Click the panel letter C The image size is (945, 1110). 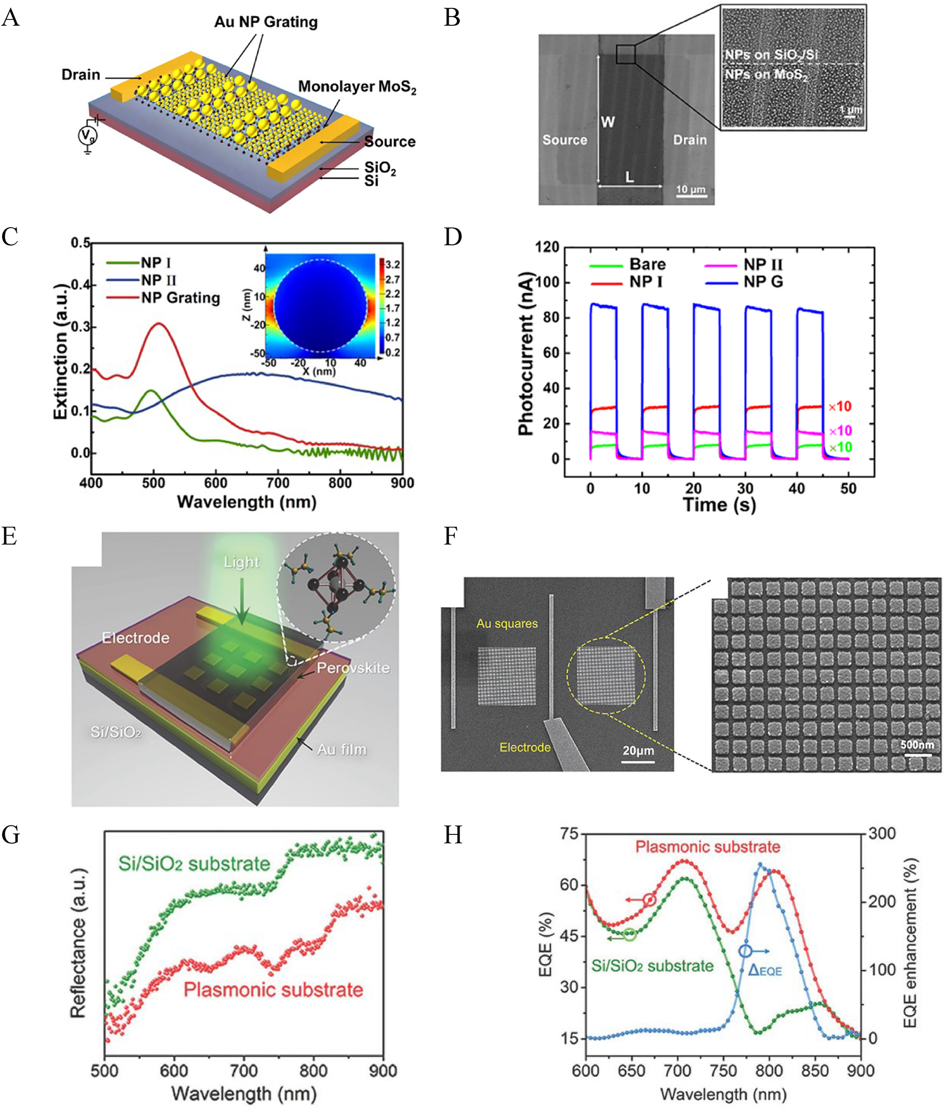10,237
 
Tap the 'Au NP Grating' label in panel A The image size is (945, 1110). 266,22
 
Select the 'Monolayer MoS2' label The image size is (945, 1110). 357,87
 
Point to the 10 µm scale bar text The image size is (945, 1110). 690,189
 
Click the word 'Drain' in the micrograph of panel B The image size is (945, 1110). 689,140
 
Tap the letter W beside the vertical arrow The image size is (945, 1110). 607,122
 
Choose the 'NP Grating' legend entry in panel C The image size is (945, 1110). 180,298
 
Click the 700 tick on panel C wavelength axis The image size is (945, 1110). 278,483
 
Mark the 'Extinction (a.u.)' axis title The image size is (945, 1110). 60,352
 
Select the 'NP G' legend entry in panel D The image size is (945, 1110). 763,282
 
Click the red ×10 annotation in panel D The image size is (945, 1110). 839,406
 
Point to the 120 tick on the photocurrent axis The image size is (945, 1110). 548,247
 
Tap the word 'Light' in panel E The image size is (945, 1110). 241,562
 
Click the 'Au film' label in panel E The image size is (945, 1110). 341,749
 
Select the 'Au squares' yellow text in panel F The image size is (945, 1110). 507,623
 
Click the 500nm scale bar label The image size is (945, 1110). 916,745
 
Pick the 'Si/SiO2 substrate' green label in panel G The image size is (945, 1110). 194,864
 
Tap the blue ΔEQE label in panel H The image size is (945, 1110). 765,970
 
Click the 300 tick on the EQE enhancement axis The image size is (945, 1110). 882,833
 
